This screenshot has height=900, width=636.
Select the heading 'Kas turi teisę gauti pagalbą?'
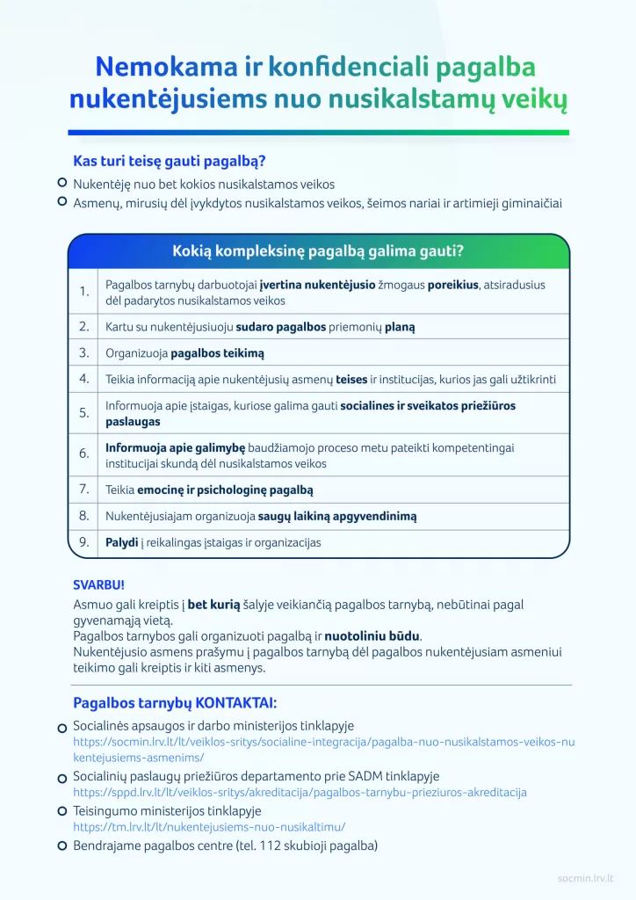pos(170,162)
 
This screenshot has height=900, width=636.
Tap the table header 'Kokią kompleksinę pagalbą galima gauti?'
pos(318,251)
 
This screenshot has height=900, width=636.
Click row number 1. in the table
pos(83,292)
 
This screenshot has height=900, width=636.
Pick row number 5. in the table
pos(83,413)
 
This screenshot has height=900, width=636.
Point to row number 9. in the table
pos(83,542)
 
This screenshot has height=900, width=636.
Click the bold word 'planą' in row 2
pos(398,327)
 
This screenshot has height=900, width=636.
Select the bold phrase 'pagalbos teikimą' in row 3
pos(217,353)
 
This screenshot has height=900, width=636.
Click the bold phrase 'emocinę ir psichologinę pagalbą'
pos(225,490)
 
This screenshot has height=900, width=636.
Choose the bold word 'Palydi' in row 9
pos(122,542)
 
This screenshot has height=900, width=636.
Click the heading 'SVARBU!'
pos(99,584)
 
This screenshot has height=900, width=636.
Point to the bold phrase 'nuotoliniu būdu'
pos(372,635)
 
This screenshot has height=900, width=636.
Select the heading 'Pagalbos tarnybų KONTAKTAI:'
pos(174,703)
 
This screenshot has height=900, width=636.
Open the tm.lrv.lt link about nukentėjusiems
pos(209,827)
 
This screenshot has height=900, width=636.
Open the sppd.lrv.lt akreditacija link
pos(300,792)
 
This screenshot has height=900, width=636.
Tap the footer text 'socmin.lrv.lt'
pos(586,877)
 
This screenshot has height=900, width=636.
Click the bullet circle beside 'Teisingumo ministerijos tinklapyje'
pos(62,812)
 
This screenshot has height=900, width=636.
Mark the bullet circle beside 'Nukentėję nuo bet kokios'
pos(62,184)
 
